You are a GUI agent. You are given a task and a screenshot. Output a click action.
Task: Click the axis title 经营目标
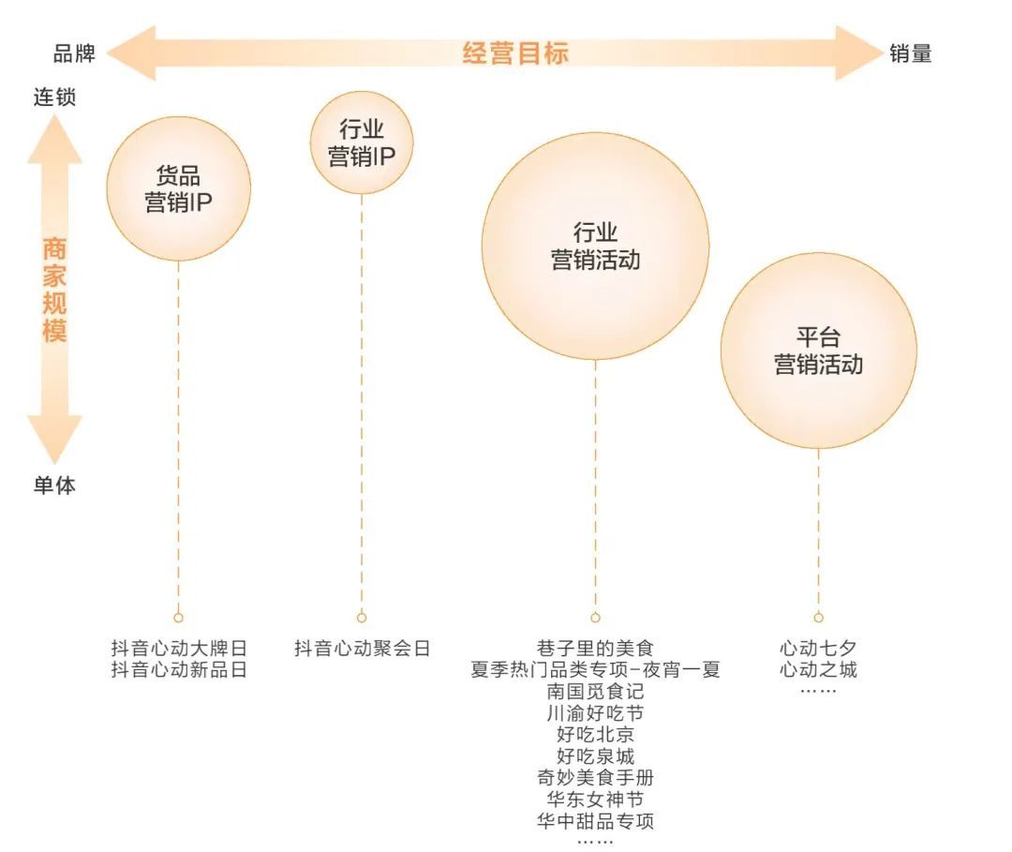(x=515, y=52)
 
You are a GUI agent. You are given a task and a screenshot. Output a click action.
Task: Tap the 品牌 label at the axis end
(x=74, y=53)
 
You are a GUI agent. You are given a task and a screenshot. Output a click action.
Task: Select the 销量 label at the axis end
(x=911, y=53)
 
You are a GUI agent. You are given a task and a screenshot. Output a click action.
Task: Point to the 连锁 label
(x=55, y=97)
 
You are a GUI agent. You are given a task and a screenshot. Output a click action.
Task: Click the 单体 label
(x=55, y=485)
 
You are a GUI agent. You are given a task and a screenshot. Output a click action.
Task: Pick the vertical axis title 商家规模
(x=55, y=290)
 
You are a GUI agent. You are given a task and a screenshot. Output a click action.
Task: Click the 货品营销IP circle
(x=179, y=188)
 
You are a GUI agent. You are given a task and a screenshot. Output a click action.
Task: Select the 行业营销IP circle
(x=362, y=142)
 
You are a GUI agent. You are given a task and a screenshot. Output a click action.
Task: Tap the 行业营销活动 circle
(x=595, y=246)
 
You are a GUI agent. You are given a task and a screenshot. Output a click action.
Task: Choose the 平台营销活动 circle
(x=818, y=351)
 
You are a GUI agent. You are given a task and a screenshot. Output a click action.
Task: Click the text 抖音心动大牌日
(x=179, y=648)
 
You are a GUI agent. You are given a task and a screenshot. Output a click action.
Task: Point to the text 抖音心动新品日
(x=179, y=670)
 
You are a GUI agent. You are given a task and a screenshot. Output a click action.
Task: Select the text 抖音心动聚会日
(x=362, y=648)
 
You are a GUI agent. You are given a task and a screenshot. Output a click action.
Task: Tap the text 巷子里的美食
(x=595, y=648)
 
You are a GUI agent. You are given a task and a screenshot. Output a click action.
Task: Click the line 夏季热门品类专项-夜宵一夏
(x=595, y=670)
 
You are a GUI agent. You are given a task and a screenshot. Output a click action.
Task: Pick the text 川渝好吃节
(x=595, y=713)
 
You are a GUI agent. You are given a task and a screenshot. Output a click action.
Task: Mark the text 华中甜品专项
(x=595, y=821)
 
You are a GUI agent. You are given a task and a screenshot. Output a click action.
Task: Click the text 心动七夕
(x=818, y=648)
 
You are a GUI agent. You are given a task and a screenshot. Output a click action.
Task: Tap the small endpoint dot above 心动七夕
(x=818, y=618)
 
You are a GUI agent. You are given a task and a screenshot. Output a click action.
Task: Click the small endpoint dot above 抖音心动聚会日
(x=362, y=618)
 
